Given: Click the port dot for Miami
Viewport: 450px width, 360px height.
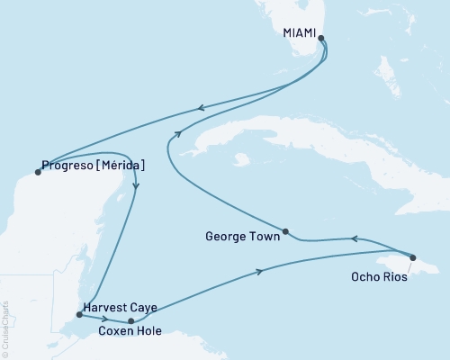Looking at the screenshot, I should [x=321, y=39].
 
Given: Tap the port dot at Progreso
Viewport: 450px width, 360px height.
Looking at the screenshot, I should [x=37, y=173].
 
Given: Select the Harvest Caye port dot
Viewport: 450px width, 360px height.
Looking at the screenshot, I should [x=79, y=315].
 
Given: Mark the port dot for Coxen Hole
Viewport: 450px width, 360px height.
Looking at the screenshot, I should [x=131, y=320].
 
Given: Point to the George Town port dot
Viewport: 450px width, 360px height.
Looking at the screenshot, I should [x=285, y=231].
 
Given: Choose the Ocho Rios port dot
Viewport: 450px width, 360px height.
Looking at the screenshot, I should [x=413, y=257].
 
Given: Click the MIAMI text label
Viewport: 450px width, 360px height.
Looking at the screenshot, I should [x=300, y=32].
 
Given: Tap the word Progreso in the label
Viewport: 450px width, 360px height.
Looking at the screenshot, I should [x=68, y=166].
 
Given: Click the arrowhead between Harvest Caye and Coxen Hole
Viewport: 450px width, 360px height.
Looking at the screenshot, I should [x=106, y=319].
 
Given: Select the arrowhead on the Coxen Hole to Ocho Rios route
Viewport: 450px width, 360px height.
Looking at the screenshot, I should [x=260, y=272].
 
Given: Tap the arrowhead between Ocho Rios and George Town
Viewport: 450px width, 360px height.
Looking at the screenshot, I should [x=354, y=238].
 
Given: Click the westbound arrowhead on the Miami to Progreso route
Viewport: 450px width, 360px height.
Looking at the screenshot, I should [x=201, y=109].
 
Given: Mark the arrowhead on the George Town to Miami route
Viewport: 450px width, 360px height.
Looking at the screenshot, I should [x=178, y=133].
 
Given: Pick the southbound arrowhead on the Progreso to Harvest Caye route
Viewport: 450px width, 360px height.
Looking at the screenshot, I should [x=136, y=185].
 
